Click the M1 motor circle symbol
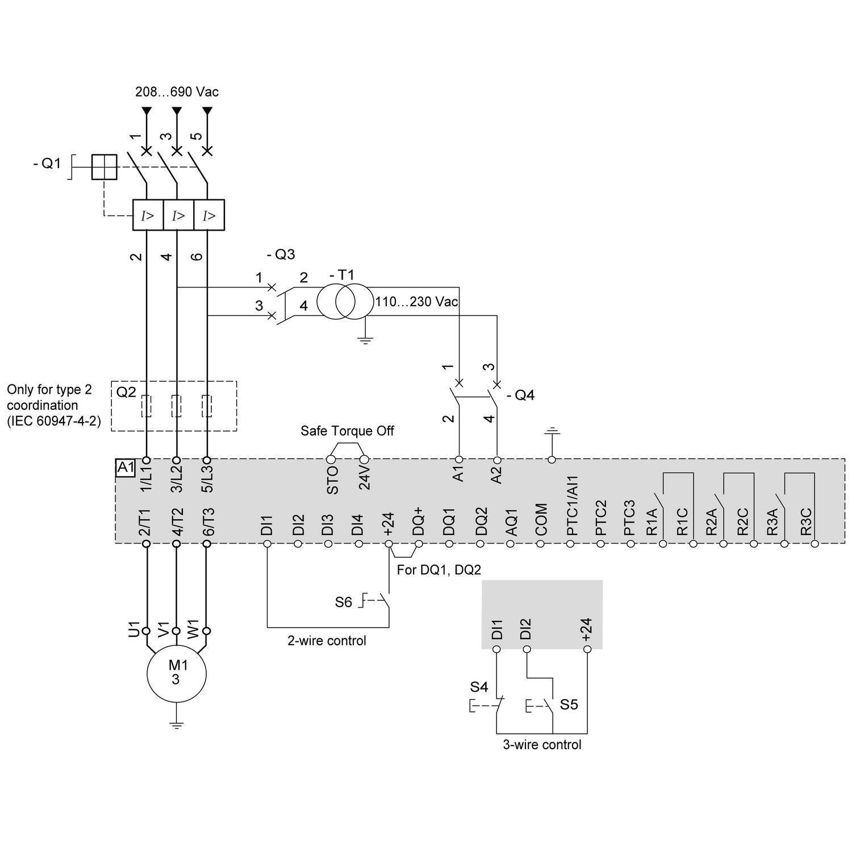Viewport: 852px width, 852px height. (176, 674)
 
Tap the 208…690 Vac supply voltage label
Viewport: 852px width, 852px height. (177, 91)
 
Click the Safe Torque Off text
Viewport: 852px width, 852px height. (347, 431)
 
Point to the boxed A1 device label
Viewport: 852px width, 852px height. (125, 467)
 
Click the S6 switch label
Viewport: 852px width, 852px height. (343, 602)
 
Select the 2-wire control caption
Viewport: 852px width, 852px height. (327, 641)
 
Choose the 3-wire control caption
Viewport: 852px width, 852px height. (542, 744)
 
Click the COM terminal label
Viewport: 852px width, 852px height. (541, 519)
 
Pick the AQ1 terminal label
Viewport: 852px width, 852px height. (511, 521)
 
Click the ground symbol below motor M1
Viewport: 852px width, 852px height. (177, 725)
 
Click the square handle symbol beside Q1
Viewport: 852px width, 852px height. (104, 167)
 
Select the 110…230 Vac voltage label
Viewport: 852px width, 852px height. (416, 302)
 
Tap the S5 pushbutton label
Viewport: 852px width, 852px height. (569, 704)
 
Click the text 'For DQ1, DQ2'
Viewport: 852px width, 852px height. (438, 570)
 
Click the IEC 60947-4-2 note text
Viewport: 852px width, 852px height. (53, 421)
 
